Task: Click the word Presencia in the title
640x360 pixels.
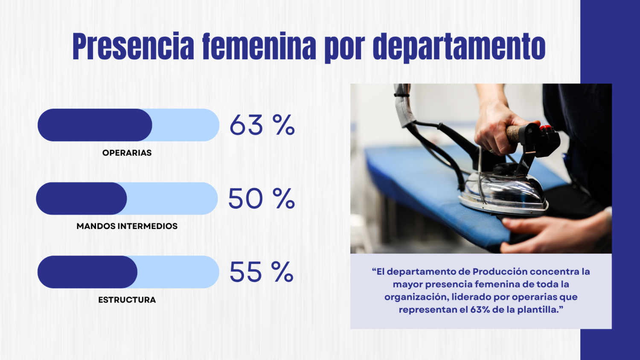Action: (x=133, y=46)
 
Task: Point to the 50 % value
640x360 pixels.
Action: (x=261, y=199)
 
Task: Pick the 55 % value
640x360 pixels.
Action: (x=261, y=272)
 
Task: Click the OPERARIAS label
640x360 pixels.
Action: (x=127, y=153)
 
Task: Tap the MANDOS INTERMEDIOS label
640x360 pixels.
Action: (x=127, y=226)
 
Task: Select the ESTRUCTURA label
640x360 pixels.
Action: (x=127, y=300)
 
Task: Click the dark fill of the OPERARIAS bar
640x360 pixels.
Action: (x=95, y=125)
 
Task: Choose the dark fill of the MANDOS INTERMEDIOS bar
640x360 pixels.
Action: (x=81, y=198)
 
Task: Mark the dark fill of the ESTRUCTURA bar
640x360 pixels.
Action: (x=87, y=272)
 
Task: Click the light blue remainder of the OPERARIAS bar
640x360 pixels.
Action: (x=186, y=125)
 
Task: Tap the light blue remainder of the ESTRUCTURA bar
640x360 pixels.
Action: (x=178, y=272)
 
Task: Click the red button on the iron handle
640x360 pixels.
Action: (x=545, y=128)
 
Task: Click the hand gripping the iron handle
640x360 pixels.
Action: (x=495, y=128)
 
